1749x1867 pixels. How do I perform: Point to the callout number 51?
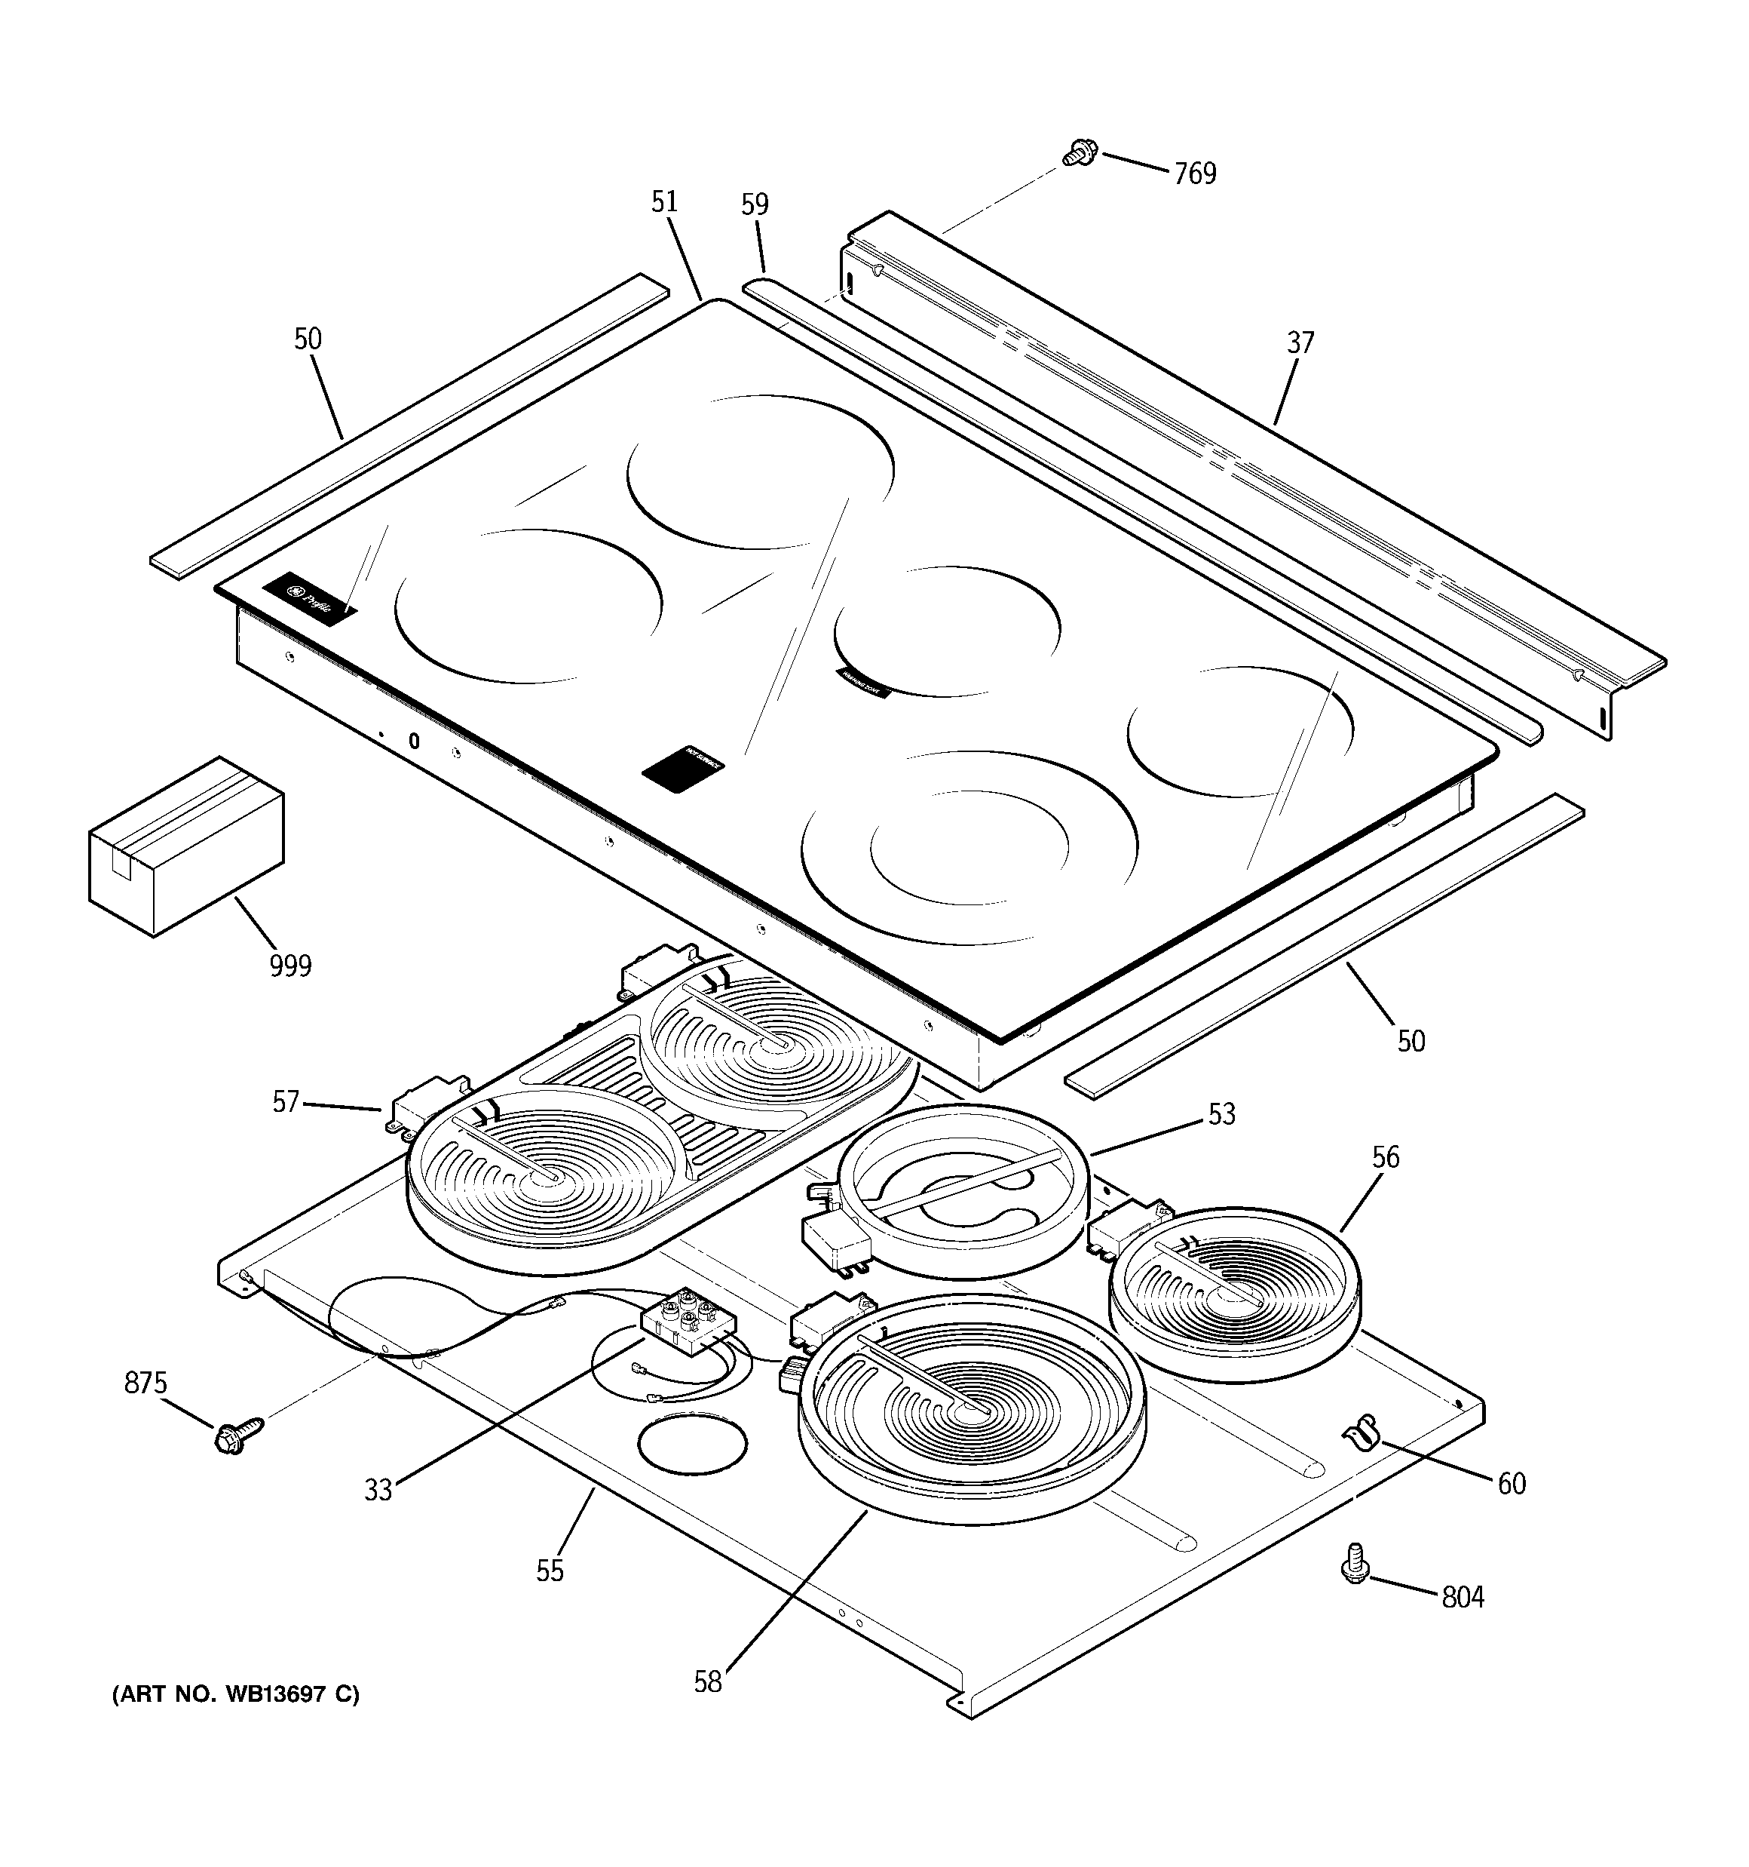tap(665, 202)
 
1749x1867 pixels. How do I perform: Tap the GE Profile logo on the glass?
tap(310, 597)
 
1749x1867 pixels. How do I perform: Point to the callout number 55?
tap(550, 1571)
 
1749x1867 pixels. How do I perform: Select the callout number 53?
tap(1221, 1114)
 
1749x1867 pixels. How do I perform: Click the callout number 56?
tap(1385, 1157)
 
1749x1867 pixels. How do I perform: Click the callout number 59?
tap(755, 204)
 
